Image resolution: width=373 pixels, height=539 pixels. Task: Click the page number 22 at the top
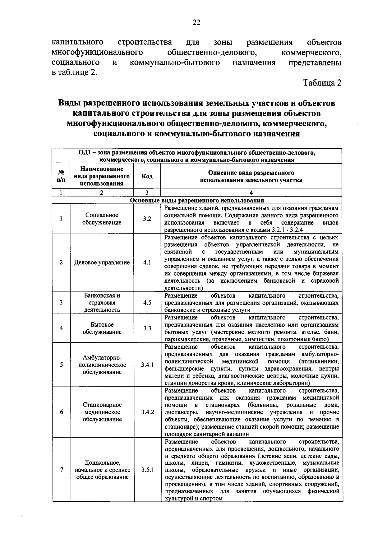click(196, 22)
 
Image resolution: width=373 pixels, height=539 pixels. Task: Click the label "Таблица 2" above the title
click(322, 83)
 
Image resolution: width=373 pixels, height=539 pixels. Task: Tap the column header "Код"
click(147, 176)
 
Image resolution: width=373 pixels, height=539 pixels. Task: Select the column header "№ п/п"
click(61, 176)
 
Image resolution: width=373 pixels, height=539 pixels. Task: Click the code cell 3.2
click(147, 219)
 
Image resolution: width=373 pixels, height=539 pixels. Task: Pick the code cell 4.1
click(147, 262)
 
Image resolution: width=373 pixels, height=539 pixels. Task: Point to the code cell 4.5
click(147, 302)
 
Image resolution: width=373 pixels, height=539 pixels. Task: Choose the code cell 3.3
click(147, 328)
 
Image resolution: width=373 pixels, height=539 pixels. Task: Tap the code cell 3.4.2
click(147, 412)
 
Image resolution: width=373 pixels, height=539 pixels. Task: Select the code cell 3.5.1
click(147, 470)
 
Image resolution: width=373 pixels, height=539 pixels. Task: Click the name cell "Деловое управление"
click(102, 263)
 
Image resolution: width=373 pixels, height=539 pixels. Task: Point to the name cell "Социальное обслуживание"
click(102, 219)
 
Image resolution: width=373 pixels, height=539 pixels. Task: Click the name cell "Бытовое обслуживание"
click(102, 328)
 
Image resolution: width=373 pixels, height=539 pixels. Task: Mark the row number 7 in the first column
click(62, 470)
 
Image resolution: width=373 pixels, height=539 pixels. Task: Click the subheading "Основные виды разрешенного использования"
click(197, 201)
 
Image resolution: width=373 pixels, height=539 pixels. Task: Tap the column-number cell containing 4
click(251, 193)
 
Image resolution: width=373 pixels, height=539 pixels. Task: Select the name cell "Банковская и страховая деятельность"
click(102, 302)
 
